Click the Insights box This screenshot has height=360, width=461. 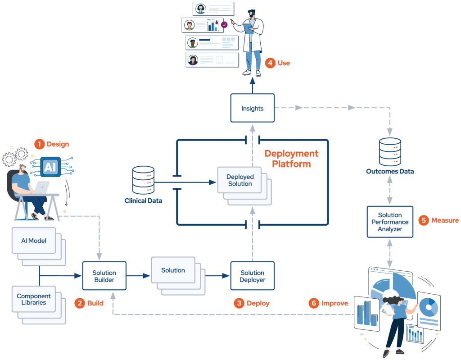point(252,108)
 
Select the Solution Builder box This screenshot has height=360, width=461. point(104,276)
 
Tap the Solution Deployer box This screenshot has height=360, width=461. point(252,276)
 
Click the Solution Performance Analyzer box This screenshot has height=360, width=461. point(390,222)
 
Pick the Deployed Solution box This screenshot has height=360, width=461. point(240,180)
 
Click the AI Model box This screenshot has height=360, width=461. point(34,241)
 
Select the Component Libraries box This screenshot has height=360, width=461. point(34,299)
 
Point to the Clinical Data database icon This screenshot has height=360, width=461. point(143,180)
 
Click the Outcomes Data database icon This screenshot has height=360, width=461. point(390,152)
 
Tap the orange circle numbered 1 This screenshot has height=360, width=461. point(39,144)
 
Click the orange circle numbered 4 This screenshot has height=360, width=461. point(270,63)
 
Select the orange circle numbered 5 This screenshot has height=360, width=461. point(423,220)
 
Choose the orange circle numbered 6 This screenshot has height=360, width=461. point(314,303)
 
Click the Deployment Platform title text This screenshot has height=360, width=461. point(291,159)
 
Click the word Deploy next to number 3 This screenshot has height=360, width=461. point(258,303)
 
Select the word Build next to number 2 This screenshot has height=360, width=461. point(95,303)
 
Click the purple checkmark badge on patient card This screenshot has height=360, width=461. point(224,25)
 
